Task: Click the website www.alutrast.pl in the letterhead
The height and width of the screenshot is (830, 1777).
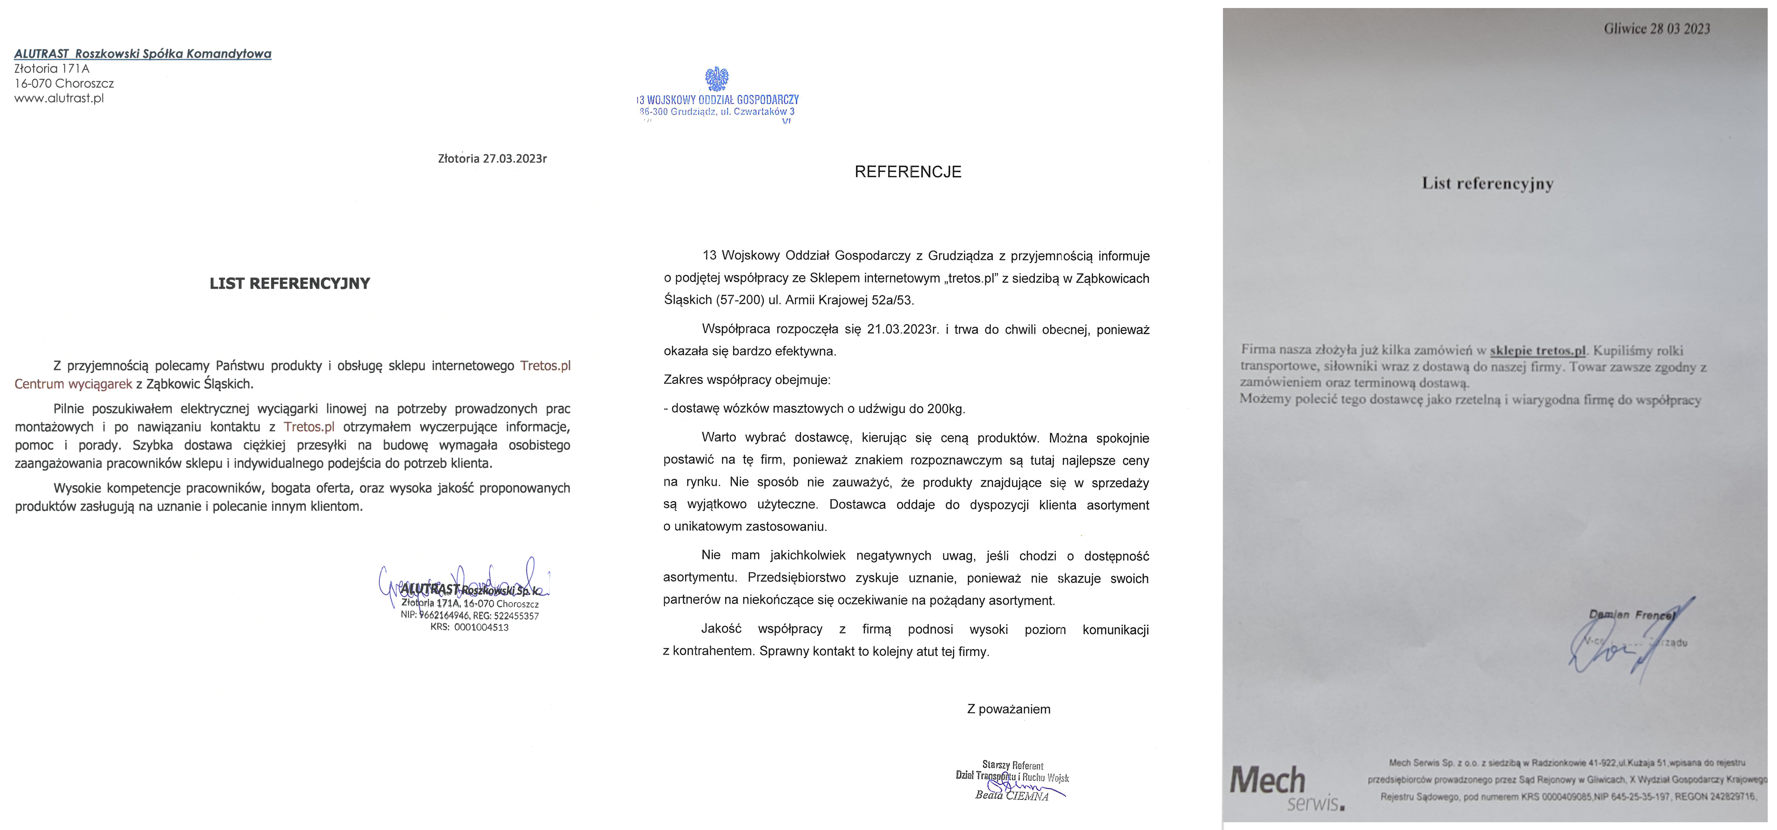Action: click(x=59, y=98)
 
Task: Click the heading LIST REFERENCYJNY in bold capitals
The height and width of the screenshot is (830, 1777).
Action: click(x=290, y=283)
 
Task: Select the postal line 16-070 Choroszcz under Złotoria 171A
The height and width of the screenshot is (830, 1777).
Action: click(x=64, y=83)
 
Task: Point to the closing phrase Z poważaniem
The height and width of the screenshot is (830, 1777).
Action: click(x=1008, y=709)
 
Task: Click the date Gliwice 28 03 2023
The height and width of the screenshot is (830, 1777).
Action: click(x=1657, y=29)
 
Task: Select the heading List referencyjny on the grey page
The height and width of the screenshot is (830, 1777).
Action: click(x=1487, y=184)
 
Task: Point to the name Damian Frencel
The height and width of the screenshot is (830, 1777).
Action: click(x=1631, y=614)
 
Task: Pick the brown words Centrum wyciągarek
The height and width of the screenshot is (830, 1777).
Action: click(x=73, y=384)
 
